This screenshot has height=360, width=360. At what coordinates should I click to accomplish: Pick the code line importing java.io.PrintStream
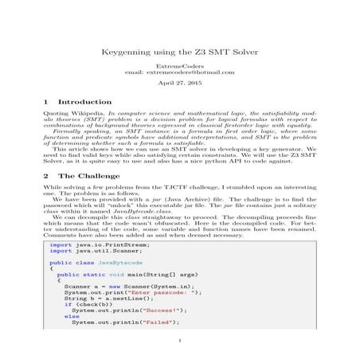[x=88, y=245]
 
